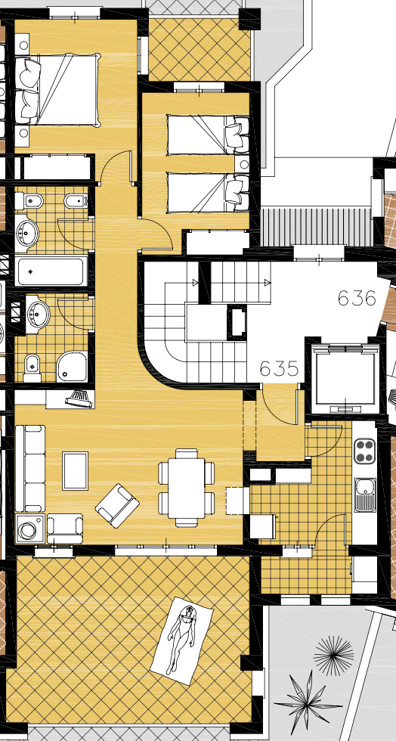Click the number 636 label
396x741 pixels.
tap(357, 298)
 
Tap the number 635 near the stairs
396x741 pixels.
tap(280, 369)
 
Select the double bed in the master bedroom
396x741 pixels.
tap(57, 90)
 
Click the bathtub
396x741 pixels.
tap(51, 271)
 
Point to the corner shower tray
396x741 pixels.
tap(73, 366)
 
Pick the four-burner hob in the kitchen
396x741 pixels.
tap(365, 451)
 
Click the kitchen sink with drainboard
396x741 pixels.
tap(365, 495)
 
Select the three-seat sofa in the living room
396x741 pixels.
tap(30, 468)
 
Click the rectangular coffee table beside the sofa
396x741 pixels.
tap(75, 470)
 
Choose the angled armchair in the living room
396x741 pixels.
tap(117, 505)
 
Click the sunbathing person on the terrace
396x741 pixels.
tap(182, 640)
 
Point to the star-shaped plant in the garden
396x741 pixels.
tap(308, 702)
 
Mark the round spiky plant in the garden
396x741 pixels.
tap(333, 656)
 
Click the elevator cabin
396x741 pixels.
tap(345, 375)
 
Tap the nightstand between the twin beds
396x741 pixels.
tap(243, 164)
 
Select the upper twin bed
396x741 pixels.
tap(209, 135)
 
